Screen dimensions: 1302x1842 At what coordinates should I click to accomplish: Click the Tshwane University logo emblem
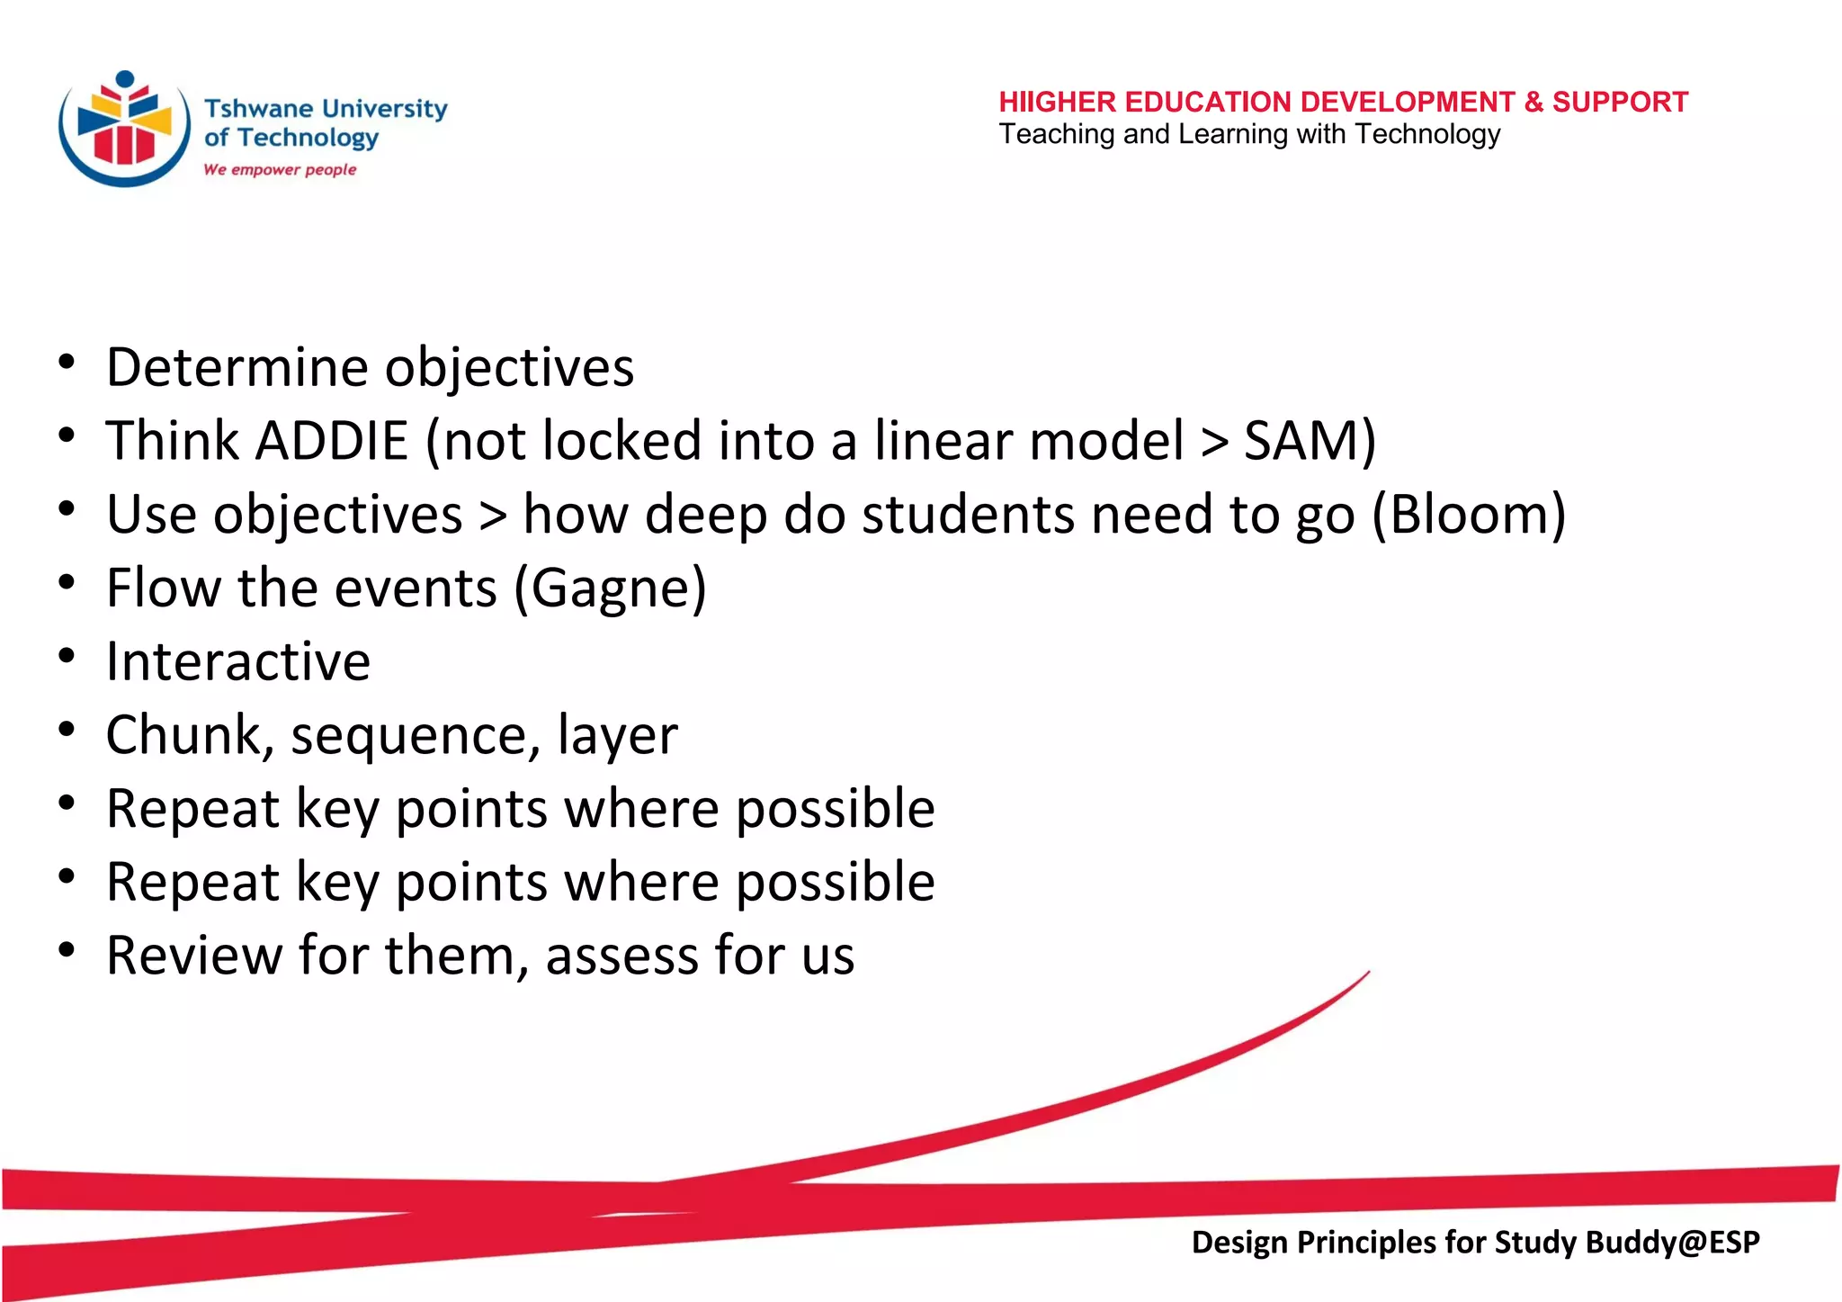click(124, 129)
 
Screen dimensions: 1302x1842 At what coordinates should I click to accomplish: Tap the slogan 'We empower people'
click(280, 169)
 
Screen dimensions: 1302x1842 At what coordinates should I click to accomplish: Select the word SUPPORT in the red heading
click(1620, 102)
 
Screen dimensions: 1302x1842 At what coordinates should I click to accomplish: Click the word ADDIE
click(333, 441)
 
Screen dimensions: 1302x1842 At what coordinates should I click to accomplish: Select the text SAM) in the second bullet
click(1310, 441)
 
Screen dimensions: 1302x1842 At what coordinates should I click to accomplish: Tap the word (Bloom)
click(1469, 515)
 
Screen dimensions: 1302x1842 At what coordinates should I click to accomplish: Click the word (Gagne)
click(610, 588)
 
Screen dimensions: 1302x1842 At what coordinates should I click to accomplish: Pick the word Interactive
click(238, 661)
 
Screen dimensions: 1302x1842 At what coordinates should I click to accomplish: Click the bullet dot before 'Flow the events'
click(67, 583)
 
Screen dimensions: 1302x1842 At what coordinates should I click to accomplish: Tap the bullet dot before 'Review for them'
click(67, 950)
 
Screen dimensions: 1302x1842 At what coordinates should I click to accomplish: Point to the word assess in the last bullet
click(620, 956)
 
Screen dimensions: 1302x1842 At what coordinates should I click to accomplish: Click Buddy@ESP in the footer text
click(1671, 1242)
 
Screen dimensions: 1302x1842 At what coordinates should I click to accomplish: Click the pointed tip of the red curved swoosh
click(1367, 973)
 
